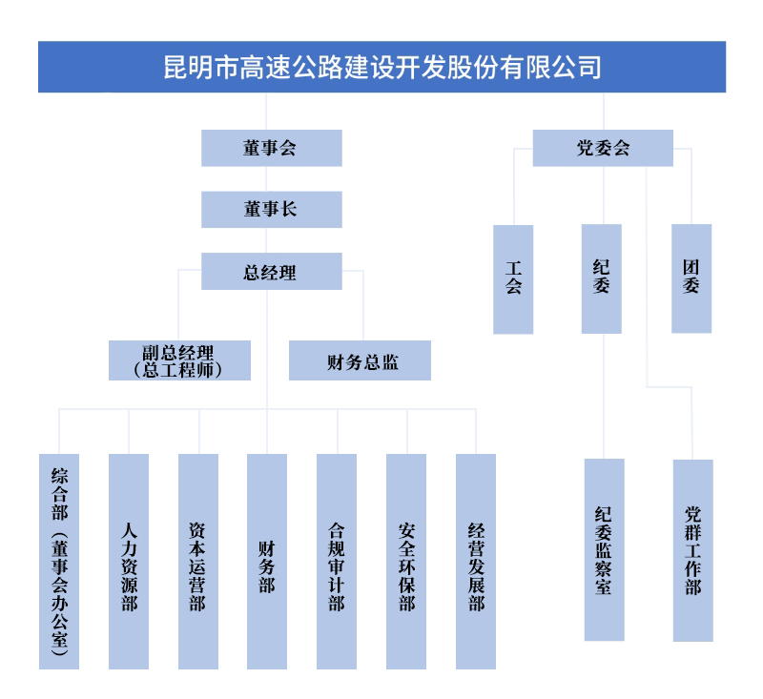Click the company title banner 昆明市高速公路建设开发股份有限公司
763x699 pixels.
point(381,67)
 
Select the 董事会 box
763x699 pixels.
point(271,148)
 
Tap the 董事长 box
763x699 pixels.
point(271,209)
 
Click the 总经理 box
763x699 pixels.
point(271,271)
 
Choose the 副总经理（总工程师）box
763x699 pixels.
point(179,360)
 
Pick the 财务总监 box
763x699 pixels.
point(360,360)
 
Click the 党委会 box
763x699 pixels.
point(603,148)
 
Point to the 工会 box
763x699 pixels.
point(513,278)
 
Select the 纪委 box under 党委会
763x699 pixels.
point(602,278)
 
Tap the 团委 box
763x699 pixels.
point(691,278)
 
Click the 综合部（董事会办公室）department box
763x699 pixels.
point(59,561)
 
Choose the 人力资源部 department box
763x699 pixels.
point(129,561)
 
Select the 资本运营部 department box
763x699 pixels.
point(198,561)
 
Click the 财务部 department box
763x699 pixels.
point(267,561)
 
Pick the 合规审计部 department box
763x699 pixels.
point(337,561)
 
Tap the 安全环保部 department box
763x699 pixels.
point(406,561)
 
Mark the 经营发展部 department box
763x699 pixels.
point(476,561)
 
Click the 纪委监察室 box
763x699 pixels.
point(604,549)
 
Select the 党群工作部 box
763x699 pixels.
point(692,549)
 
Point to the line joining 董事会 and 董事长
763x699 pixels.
point(271,178)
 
